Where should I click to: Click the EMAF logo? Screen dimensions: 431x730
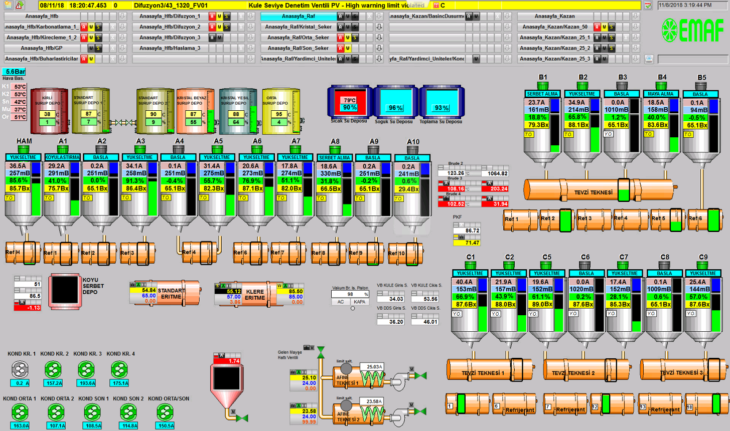tap(692, 30)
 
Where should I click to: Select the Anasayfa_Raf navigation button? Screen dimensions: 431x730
tap(298, 16)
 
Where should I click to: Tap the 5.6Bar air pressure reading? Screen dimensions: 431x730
tap(15, 72)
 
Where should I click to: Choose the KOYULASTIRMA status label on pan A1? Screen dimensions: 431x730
tap(63, 157)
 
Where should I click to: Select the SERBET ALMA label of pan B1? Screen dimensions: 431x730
tap(542, 94)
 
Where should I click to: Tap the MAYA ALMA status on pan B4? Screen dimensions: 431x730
tap(661, 94)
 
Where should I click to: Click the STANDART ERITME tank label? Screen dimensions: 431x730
tap(171, 293)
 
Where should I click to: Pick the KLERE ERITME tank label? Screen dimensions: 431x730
tap(255, 294)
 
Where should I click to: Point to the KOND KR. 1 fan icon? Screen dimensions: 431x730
tap(20, 370)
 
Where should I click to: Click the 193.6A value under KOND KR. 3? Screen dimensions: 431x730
tap(87, 383)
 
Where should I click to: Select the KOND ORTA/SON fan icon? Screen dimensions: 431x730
tap(165, 412)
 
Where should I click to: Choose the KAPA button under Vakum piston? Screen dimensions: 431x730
tap(359, 302)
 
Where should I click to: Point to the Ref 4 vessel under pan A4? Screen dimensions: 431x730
tap(189, 252)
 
